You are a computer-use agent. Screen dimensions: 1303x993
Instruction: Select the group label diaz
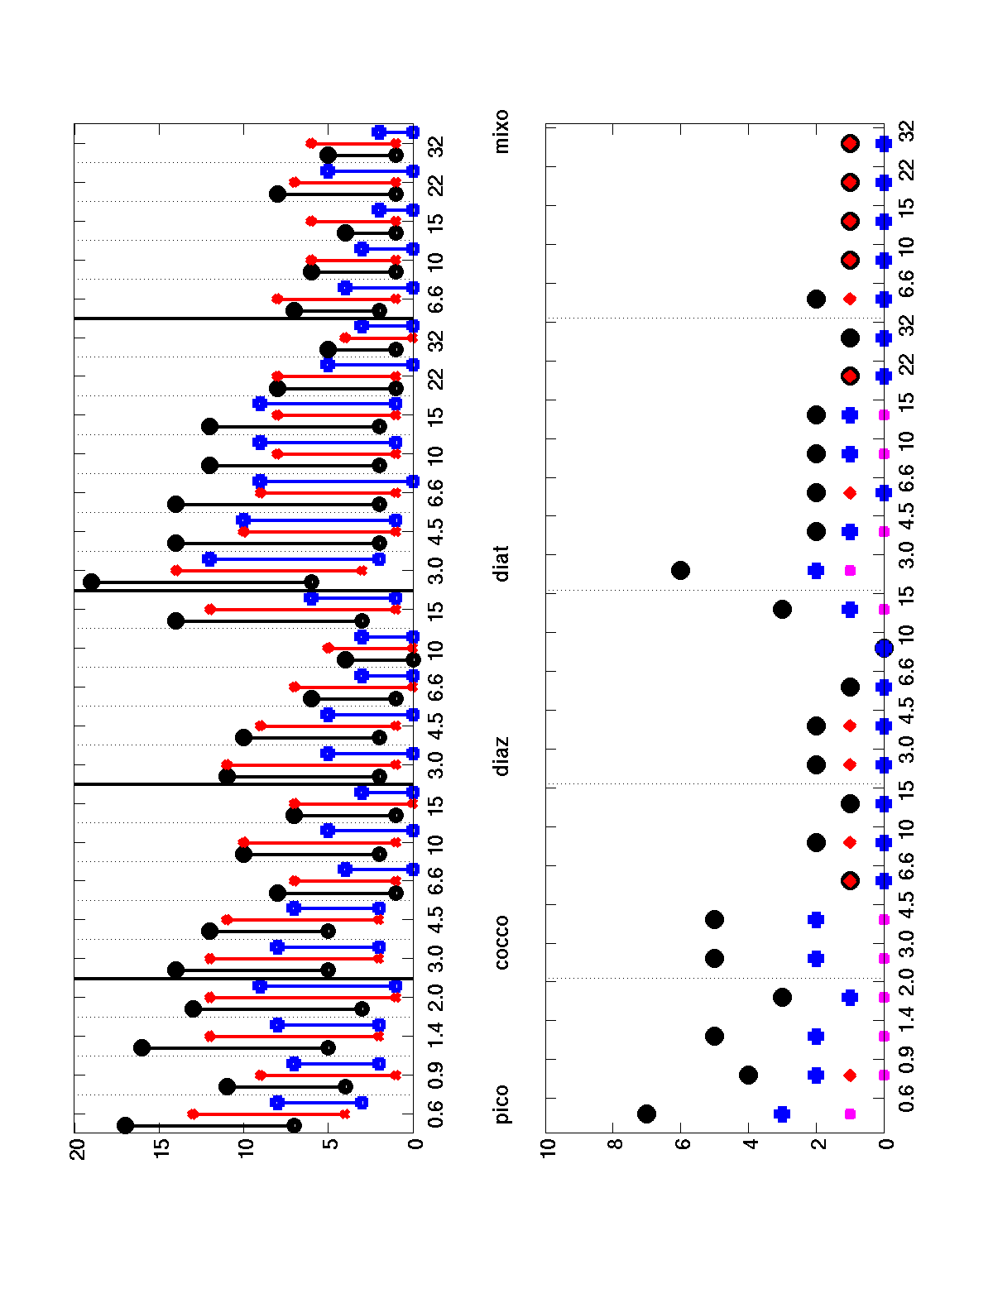pos(502,755)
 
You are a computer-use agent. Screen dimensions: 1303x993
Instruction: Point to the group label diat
pos(502,563)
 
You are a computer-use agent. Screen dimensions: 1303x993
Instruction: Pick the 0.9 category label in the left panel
pos(436,1075)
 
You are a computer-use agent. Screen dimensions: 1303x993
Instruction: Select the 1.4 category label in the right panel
pos(907,1037)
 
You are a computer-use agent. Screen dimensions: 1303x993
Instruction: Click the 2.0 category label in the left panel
pos(436,997)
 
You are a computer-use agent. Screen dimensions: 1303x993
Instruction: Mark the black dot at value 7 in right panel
pos(647,1114)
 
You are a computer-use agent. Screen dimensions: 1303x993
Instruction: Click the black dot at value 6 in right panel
pos(680,570)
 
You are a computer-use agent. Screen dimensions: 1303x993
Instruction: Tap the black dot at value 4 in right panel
pos(748,1075)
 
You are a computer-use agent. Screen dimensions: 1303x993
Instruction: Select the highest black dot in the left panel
pos(92,582)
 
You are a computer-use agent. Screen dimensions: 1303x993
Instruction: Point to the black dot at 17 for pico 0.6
pos(126,1125)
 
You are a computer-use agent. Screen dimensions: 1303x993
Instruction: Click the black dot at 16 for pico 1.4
pos(142,1047)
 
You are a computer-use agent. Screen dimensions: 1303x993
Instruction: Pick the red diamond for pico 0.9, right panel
pos(850,1075)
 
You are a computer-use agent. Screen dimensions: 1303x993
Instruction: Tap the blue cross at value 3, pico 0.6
pos(782,1114)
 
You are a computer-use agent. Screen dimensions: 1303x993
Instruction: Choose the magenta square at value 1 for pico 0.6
pos(850,1114)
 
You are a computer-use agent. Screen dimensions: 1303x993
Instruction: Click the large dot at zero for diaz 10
pos(884,648)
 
